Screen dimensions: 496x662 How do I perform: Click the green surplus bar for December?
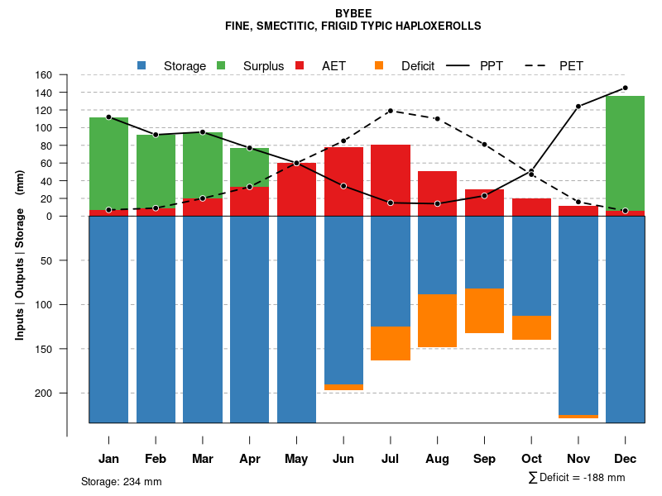(625, 153)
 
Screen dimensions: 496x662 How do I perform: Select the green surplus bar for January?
(108, 164)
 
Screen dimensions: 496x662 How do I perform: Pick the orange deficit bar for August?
(437, 321)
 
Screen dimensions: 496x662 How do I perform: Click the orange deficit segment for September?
(484, 311)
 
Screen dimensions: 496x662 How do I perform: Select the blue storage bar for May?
(296, 319)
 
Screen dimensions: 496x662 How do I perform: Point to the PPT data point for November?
(578, 106)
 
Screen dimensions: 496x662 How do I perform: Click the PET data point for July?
(390, 111)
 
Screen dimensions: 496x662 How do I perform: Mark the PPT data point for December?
(625, 88)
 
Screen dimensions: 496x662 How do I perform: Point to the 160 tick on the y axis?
(67, 74)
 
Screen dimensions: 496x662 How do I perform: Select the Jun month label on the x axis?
(343, 459)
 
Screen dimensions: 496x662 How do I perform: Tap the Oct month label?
(531, 459)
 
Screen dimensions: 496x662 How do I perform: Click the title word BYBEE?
(353, 13)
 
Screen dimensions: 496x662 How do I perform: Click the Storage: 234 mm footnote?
(122, 481)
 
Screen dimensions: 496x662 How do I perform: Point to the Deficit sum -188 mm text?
(577, 478)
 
